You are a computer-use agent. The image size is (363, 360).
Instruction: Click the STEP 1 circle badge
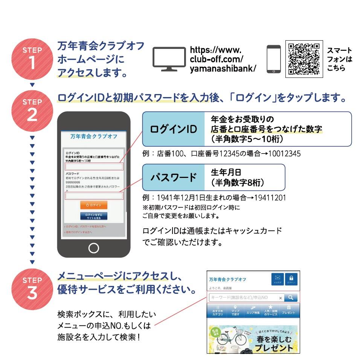pos(32,58)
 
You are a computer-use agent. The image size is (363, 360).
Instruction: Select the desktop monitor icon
pos(169,59)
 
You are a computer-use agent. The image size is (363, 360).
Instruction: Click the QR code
pos(304,59)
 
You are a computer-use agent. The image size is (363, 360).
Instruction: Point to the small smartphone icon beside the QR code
pos(273,59)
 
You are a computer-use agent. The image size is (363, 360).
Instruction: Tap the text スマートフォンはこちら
pos(339,59)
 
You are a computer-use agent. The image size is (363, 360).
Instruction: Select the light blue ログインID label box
pos(173,129)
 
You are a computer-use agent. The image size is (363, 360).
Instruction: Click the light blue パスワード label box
pos(173,177)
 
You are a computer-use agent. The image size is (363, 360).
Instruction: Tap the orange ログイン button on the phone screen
pos(93,205)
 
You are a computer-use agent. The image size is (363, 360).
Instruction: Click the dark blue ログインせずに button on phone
pos(93,216)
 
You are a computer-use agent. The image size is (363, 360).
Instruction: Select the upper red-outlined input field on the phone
pos(94,166)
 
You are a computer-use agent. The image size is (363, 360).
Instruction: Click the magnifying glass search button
pos(291,298)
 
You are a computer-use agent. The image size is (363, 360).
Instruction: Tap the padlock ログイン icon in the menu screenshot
pos(291,279)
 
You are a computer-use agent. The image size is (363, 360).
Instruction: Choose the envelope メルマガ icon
pos(278,279)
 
